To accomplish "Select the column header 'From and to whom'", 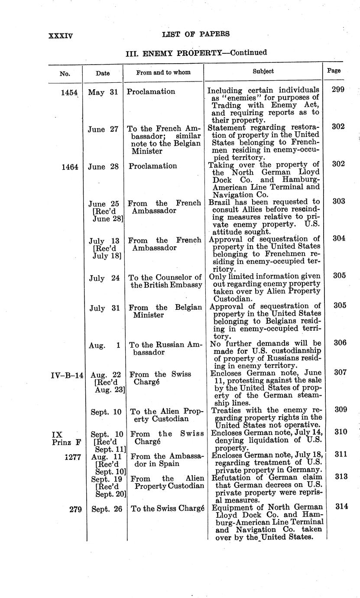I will (x=163, y=72).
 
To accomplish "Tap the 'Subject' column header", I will (x=263, y=71).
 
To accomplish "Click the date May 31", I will (x=103, y=92).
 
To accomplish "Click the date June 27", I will (x=103, y=129).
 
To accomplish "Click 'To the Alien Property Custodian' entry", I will (x=165, y=415).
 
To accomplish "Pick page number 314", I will (x=341, y=506).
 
